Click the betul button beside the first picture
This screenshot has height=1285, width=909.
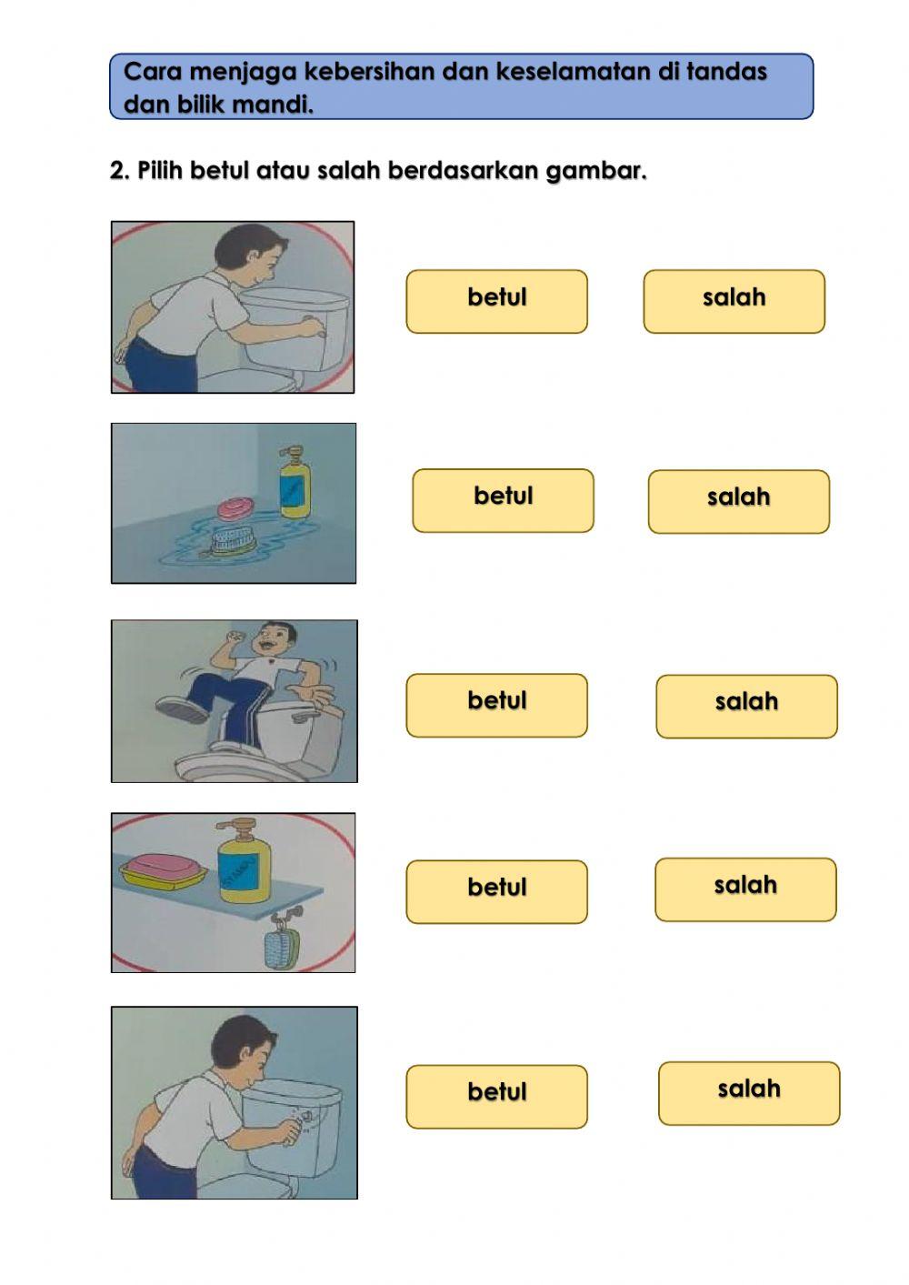click(x=496, y=301)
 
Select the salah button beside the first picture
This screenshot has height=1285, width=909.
click(x=734, y=301)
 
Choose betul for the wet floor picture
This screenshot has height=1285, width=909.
click(x=503, y=500)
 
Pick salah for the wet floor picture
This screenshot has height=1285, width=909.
click(x=739, y=501)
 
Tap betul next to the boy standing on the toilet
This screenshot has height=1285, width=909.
click(x=496, y=705)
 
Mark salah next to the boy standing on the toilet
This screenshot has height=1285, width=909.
click(x=746, y=707)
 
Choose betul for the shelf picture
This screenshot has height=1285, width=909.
click(x=496, y=891)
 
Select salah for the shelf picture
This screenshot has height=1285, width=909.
click(x=745, y=889)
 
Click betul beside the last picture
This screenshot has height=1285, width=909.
click(x=496, y=1096)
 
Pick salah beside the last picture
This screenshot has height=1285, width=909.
click(x=749, y=1093)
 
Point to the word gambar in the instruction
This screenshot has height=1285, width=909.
click(x=596, y=171)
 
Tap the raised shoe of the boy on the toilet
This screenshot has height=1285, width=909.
click(x=182, y=709)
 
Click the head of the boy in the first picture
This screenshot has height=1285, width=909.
click(x=249, y=253)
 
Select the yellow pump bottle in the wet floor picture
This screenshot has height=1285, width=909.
click(x=295, y=483)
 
